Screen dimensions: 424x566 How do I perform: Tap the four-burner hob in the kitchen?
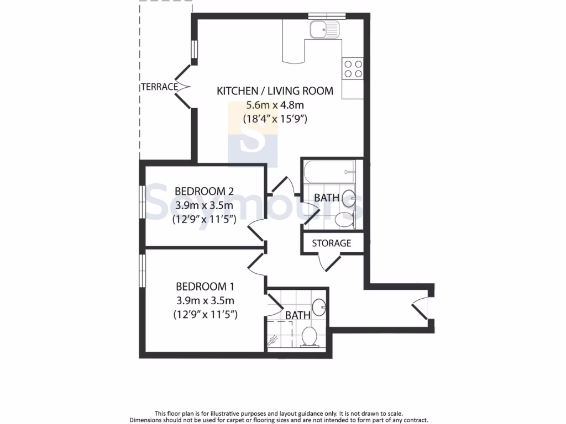pos(353,69)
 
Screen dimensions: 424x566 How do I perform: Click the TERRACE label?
pos(159,87)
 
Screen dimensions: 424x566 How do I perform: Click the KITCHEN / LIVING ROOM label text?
pos(275,91)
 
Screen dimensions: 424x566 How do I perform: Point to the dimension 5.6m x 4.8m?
pos(275,105)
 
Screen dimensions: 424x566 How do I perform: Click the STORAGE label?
pos(332,243)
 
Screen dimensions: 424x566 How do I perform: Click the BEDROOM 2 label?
pos(205,192)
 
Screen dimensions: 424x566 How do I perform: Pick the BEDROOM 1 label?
pos(206,287)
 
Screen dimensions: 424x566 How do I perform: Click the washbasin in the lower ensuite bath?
pos(319,306)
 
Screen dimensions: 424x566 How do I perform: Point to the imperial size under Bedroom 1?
pos(206,315)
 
